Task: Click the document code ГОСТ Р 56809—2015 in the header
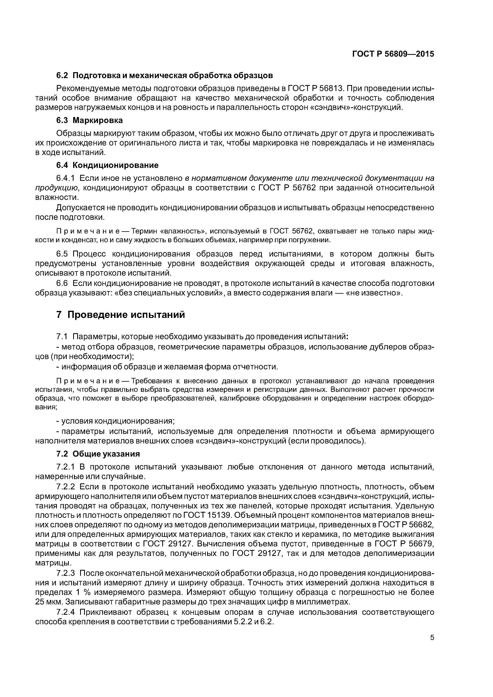393,54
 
